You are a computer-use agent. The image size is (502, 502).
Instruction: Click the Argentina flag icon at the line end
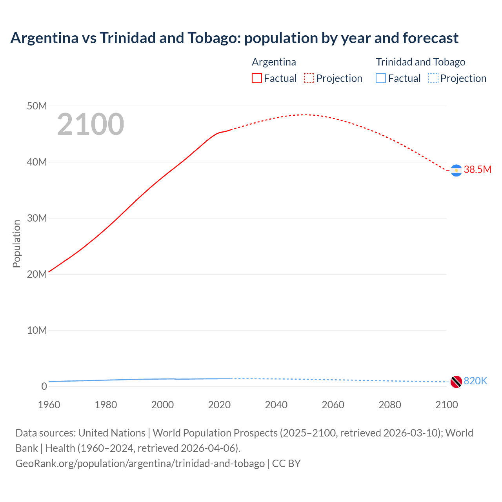456,170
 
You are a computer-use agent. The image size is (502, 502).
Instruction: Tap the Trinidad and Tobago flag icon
456,382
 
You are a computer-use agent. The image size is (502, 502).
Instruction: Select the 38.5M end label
477,169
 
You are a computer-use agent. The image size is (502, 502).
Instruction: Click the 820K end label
475,381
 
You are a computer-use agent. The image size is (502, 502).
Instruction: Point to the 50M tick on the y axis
37,106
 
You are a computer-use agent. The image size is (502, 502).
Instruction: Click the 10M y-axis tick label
37,330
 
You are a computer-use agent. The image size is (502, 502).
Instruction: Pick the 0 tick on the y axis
44,386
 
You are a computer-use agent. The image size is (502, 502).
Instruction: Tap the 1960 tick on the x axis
49,405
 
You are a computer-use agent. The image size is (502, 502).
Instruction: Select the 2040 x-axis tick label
276,405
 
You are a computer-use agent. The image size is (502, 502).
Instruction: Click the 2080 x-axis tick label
390,405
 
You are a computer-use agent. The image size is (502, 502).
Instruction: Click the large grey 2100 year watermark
91,124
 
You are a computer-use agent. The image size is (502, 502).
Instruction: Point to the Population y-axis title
16,244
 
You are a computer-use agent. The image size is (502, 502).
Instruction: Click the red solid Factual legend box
257,78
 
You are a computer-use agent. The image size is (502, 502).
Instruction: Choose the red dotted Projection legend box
309,78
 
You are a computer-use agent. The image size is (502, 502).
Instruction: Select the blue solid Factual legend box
381,78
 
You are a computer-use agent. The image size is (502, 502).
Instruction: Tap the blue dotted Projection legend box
433,78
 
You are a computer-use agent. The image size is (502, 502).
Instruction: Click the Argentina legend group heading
274,62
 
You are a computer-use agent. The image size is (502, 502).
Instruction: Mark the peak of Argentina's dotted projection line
305,115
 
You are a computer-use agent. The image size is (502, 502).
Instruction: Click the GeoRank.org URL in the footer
140,464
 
